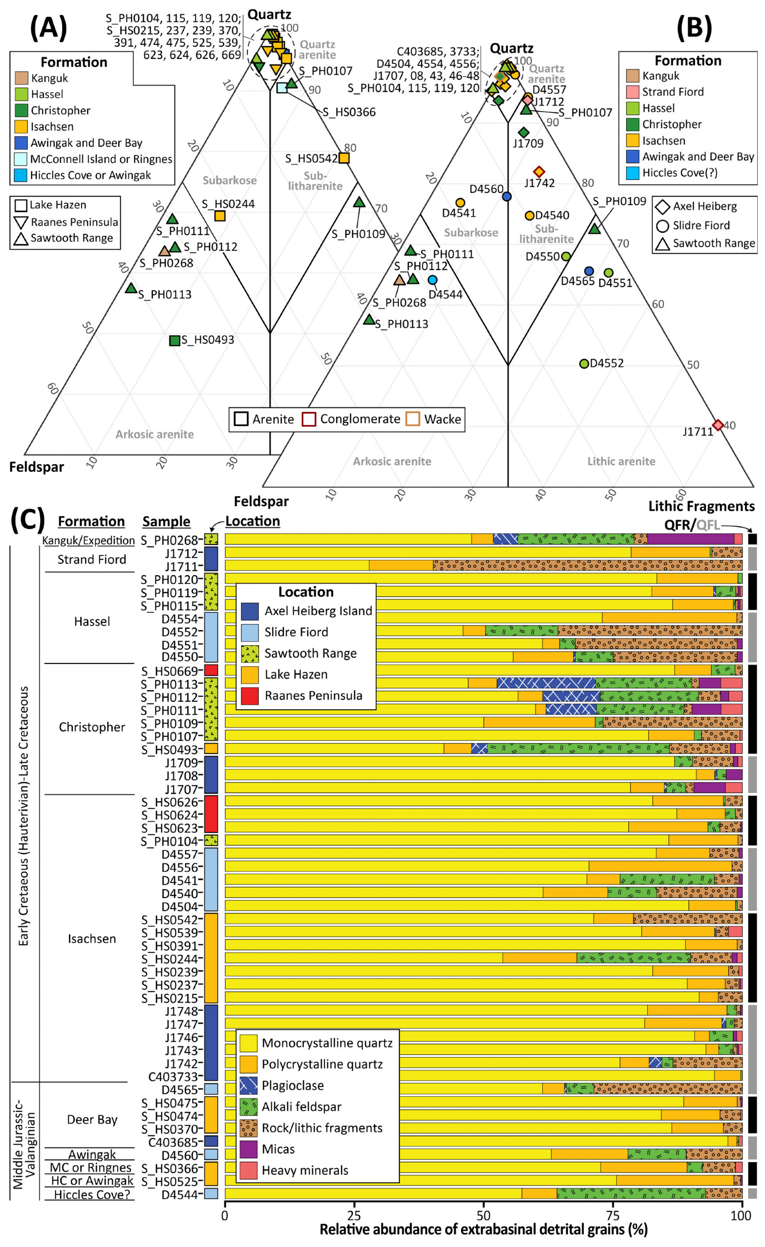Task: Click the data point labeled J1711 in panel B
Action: pyautogui.click(x=718, y=425)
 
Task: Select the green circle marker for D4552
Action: pyautogui.click(x=584, y=364)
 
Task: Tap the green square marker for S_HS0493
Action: pyautogui.click(x=174, y=341)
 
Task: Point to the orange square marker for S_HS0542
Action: pyautogui.click(x=344, y=158)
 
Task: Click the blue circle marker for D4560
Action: pyautogui.click(x=507, y=196)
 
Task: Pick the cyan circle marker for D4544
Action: pyautogui.click(x=432, y=280)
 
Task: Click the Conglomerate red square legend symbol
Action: pyautogui.click(x=309, y=419)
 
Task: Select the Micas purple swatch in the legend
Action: pyautogui.click(x=248, y=1149)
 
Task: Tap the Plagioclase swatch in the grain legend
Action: pyautogui.click(x=248, y=1085)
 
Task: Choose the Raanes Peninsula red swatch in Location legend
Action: pyautogui.click(x=250, y=696)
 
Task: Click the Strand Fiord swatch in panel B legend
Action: pyautogui.click(x=632, y=92)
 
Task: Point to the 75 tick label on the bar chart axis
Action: pyautogui.click(x=613, y=1216)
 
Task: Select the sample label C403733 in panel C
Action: pyautogui.click(x=173, y=1076)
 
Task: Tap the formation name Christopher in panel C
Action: pyautogui.click(x=92, y=727)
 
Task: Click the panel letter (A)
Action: pyautogui.click(x=48, y=28)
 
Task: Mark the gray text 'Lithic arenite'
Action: pyautogui.click(x=621, y=461)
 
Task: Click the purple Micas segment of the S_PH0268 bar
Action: pyautogui.click(x=691, y=539)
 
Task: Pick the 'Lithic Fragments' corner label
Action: pyautogui.click(x=701, y=506)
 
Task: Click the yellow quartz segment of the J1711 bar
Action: pyautogui.click(x=297, y=566)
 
